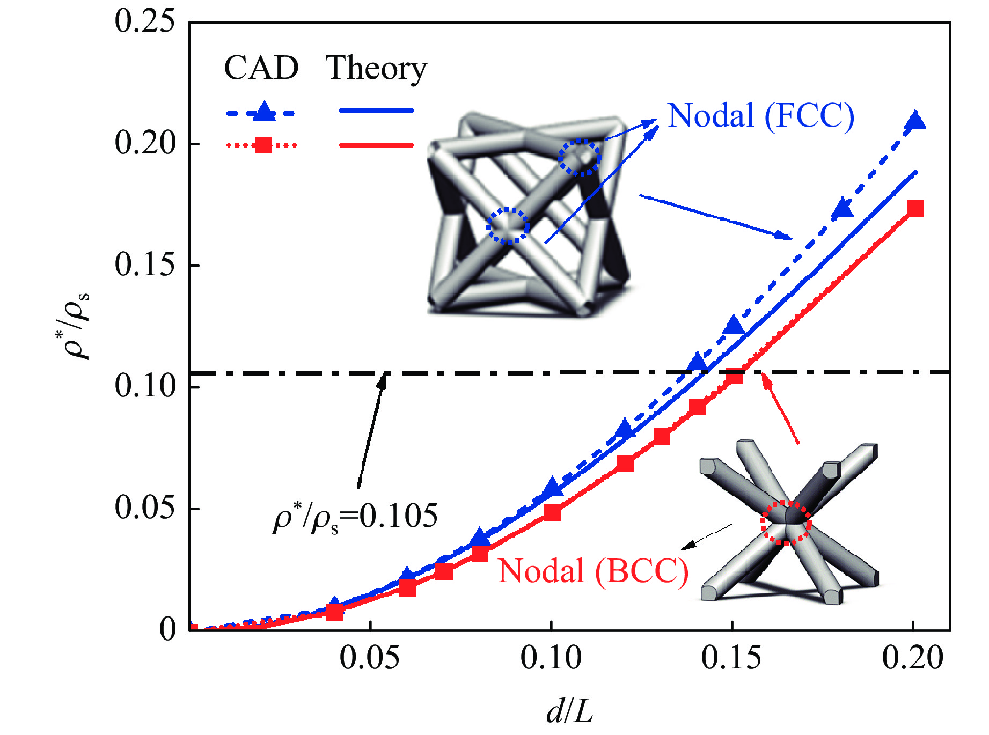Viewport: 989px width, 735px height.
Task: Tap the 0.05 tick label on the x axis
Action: pos(370,658)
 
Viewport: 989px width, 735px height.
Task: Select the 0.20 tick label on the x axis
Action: pos(912,658)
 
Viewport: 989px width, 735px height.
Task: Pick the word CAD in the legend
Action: pos(261,68)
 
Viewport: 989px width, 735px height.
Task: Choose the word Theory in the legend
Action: pos(376,69)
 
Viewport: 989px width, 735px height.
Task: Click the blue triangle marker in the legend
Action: pos(263,111)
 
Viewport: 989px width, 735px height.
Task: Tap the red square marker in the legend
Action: pos(263,145)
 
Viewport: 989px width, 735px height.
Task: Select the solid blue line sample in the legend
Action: pos(376,111)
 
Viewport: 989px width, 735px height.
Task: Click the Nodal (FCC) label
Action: pos(760,116)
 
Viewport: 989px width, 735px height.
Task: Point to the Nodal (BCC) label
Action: pos(593,571)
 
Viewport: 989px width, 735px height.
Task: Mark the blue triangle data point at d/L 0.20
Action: pos(915,120)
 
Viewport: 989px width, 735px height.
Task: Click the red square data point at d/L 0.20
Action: pos(915,208)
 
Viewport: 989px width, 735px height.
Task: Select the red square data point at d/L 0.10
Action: pos(552,512)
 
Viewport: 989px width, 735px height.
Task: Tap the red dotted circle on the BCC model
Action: pos(786,523)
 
